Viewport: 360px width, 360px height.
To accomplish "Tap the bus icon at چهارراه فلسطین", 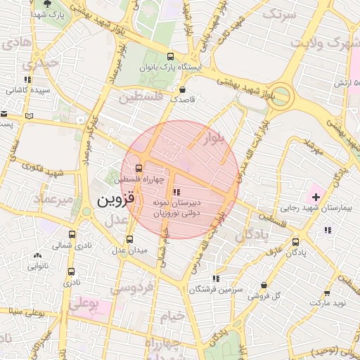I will tap(138, 169).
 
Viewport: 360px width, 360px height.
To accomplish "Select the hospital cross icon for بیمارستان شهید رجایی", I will tap(314, 194).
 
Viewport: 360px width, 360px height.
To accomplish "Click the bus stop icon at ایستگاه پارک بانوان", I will tap(170, 56).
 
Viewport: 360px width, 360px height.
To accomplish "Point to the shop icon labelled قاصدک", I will tap(183, 90).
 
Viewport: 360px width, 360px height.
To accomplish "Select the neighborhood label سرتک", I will tap(279, 13).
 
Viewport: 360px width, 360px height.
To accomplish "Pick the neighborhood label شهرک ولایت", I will tap(330, 42).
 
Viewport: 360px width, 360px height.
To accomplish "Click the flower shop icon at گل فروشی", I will tap(264, 285).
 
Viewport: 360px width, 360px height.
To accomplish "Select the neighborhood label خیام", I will tap(171, 316).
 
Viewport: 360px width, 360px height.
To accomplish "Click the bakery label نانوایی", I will tap(38, 266).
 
